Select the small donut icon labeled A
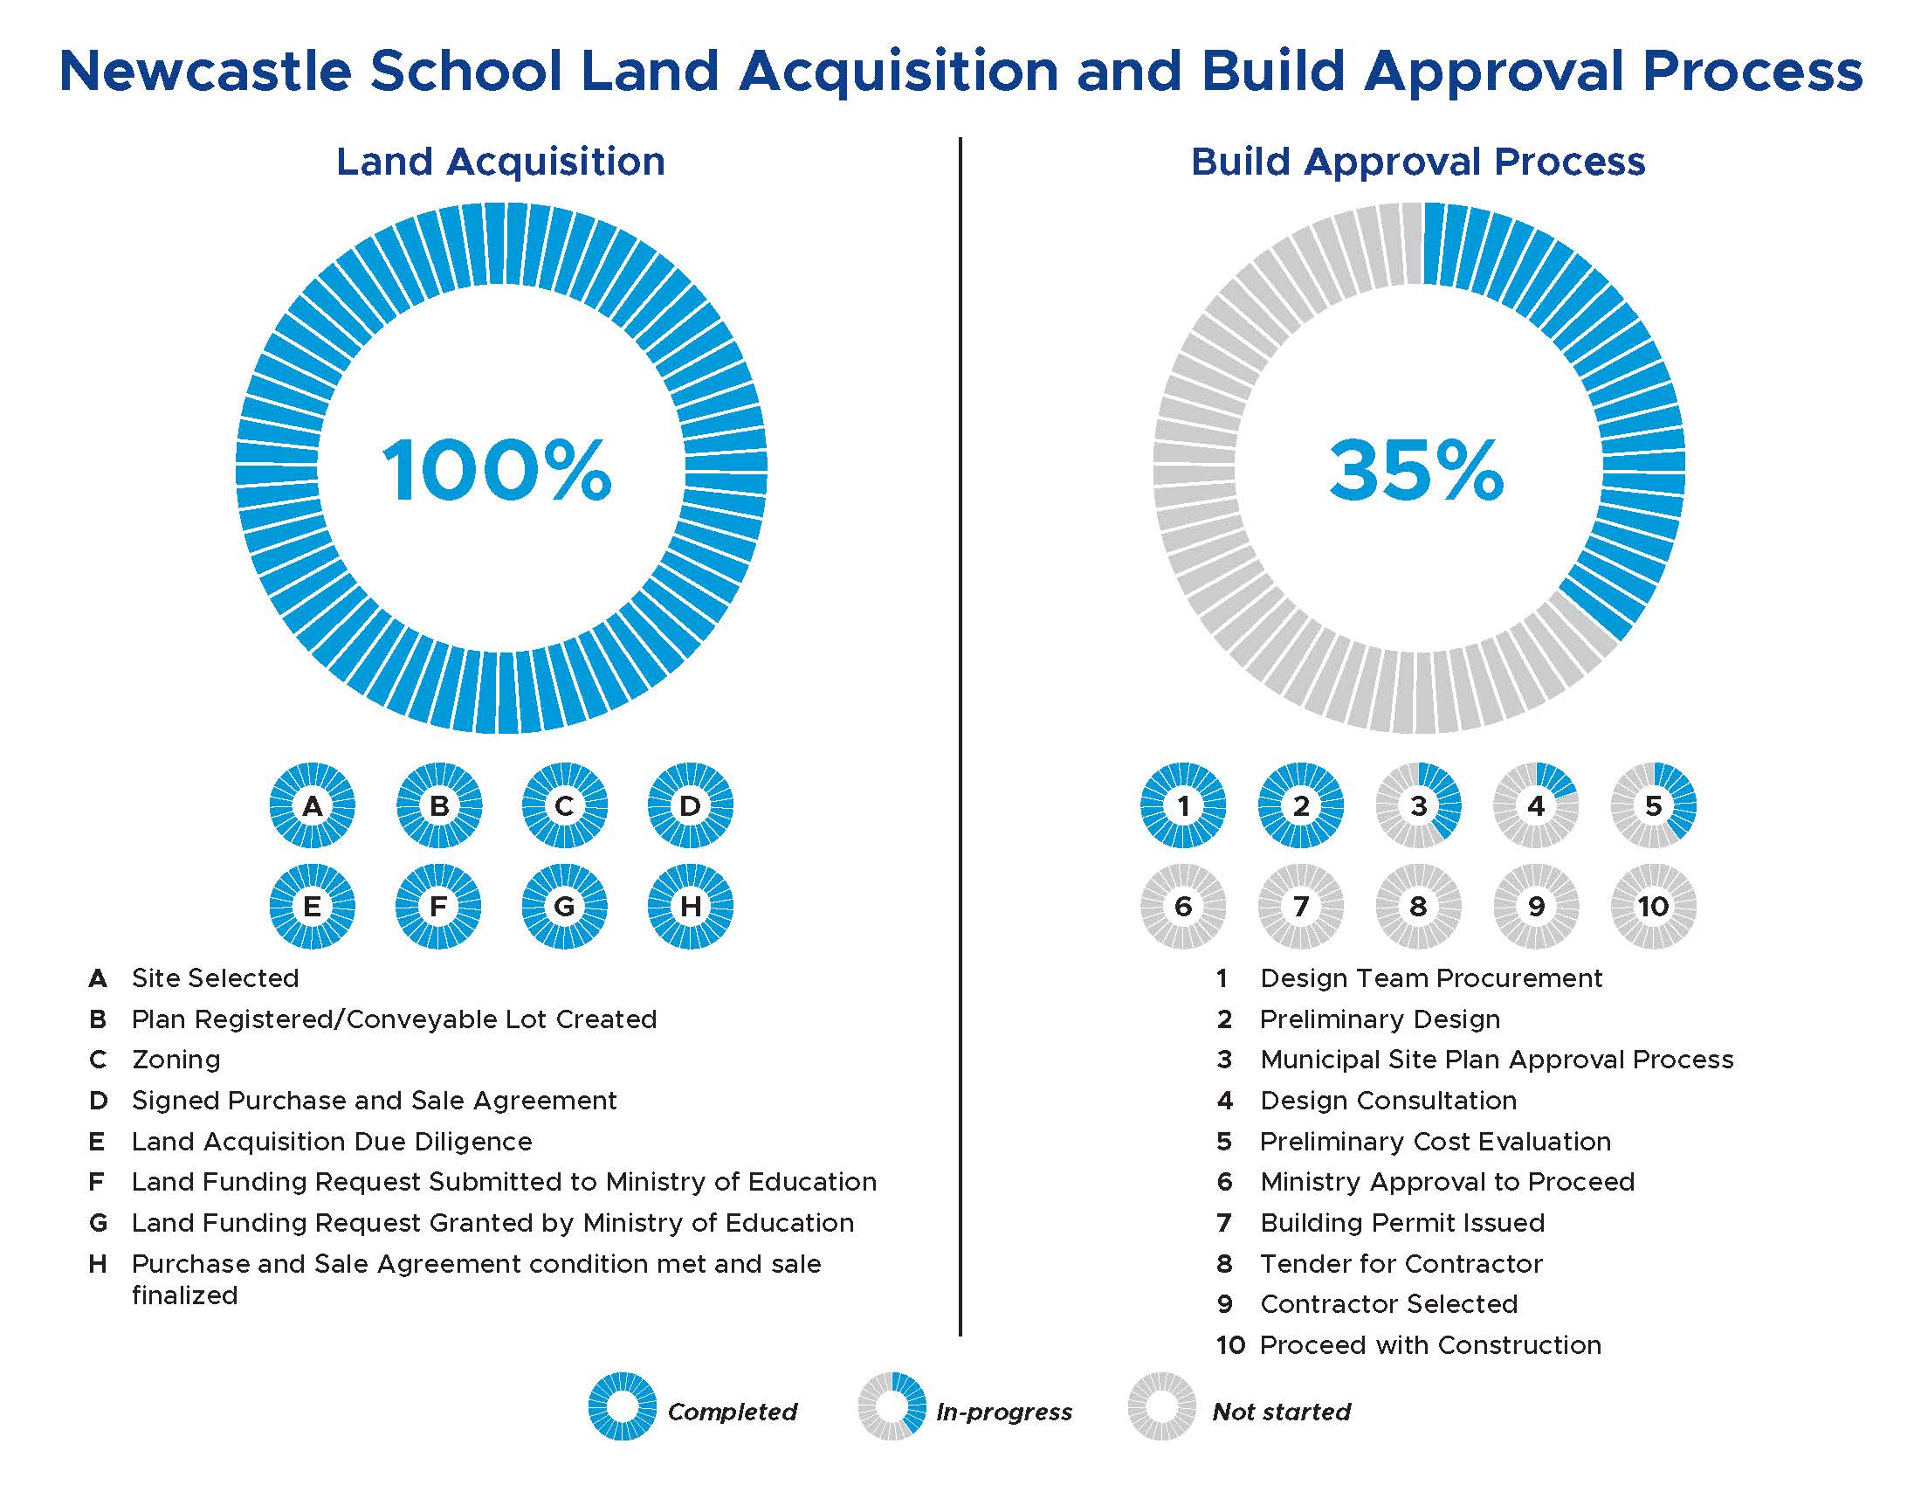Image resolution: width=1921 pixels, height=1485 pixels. pyautogui.click(x=313, y=805)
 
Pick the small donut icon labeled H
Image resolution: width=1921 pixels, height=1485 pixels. pyautogui.click(x=691, y=906)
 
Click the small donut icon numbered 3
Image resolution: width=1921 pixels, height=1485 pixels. pyautogui.click(x=1419, y=805)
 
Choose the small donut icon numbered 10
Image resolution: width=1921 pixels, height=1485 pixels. pyautogui.click(x=1654, y=906)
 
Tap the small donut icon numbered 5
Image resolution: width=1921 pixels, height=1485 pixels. pyautogui.click(x=1654, y=805)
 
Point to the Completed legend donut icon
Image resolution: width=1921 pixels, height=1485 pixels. pyautogui.click(x=622, y=1406)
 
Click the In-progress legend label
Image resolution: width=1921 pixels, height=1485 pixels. pyautogui.click(x=1003, y=1412)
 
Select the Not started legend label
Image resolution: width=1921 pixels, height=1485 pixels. pyautogui.click(x=1281, y=1412)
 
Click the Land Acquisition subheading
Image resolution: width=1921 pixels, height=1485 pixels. pyautogui.click(x=500, y=162)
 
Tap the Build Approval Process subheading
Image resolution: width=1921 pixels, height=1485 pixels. pyautogui.click(x=1418, y=162)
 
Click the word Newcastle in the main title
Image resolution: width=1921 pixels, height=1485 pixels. pyautogui.click(x=205, y=71)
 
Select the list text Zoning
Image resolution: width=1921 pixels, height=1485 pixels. pyautogui.click(x=176, y=1060)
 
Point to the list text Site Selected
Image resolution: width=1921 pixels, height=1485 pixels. pyautogui.click(x=216, y=978)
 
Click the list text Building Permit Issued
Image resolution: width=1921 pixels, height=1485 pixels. pyautogui.click(x=1402, y=1223)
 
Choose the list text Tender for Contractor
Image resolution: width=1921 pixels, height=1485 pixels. pyautogui.click(x=1401, y=1264)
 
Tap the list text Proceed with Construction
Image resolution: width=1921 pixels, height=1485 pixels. pyautogui.click(x=1430, y=1345)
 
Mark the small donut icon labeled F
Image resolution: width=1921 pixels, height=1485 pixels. pyautogui.click(x=438, y=906)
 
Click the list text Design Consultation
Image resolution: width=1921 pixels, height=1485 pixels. pyautogui.click(x=1388, y=1101)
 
